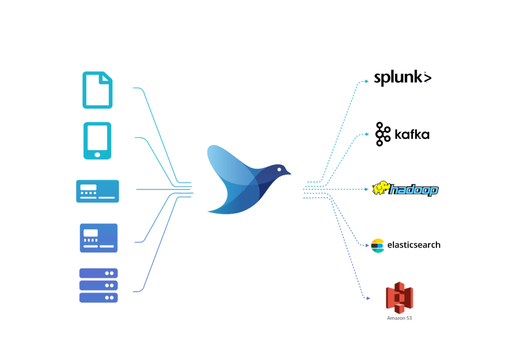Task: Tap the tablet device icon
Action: point(97,141)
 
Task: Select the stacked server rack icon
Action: point(99,286)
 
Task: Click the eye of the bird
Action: point(279,169)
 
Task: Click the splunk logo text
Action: point(402,78)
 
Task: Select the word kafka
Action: point(412,135)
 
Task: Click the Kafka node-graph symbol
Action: point(382,134)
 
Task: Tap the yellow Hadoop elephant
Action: point(380,188)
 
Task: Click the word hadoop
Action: point(414,190)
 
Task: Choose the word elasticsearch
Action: point(414,245)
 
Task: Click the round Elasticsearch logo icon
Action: point(377,246)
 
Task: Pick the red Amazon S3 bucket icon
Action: point(399,298)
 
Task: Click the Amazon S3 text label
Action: point(399,318)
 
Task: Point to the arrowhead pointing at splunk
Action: point(367,81)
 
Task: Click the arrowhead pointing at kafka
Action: point(367,134)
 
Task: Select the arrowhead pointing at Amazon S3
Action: point(368,298)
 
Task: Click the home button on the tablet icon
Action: point(97,155)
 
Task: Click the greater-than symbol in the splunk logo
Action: point(428,78)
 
